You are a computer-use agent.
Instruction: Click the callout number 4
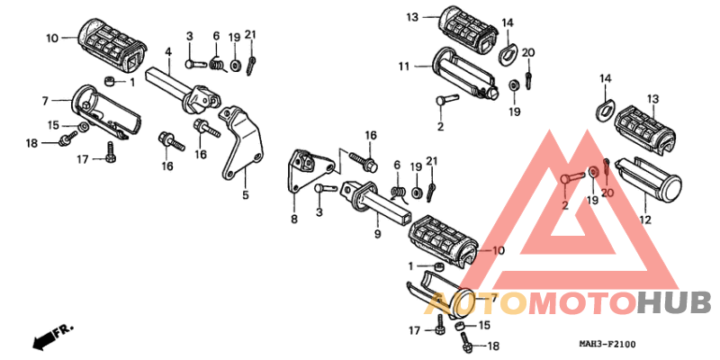pyautogui.click(x=168, y=52)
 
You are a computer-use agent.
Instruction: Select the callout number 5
pyautogui.click(x=246, y=195)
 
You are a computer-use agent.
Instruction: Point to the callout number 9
pyautogui.click(x=377, y=234)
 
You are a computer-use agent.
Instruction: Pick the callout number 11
pyautogui.click(x=403, y=67)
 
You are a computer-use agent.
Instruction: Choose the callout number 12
pyautogui.click(x=645, y=220)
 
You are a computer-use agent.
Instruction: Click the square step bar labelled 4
pyautogui.click(x=183, y=91)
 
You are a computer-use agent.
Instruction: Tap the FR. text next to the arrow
pyautogui.click(x=63, y=329)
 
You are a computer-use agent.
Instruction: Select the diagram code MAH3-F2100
pyautogui.click(x=607, y=344)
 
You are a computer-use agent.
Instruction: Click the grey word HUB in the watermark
pyautogui.click(x=674, y=303)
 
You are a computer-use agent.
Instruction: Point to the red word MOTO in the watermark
pyautogui.click(x=582, y=303)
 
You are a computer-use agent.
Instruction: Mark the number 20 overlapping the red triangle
pyautogui.click(x=607, y=193)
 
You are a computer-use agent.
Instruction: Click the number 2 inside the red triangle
pyautogui.click(x=565, y=206)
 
